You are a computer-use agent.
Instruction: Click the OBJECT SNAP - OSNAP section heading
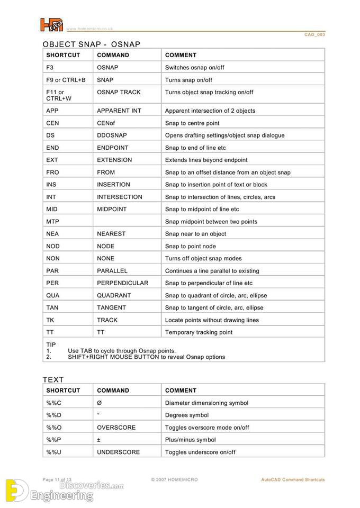coord(92,44)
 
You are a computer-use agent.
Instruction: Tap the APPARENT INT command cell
coord(119,111)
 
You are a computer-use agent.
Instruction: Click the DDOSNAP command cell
coord(112,135)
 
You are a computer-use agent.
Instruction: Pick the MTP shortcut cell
coord(52,222)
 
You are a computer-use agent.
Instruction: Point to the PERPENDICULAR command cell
coord(122,283)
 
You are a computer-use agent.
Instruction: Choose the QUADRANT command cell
coord(114,295)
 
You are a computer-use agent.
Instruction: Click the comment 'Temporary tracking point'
coord(199,332)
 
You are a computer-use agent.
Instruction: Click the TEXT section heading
coord(53,379)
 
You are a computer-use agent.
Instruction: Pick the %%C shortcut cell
coord(54,403)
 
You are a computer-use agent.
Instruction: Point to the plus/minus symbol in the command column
coord(99,440)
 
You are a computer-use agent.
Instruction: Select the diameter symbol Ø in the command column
coord(100,403)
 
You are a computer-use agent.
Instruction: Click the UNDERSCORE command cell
coord(118,452)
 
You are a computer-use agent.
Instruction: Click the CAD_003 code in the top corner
coord(314,34)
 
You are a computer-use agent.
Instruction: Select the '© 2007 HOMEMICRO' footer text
coord(174,480)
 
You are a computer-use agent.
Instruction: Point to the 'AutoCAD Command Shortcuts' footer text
coord(293,480)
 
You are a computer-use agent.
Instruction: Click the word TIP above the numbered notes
coord(51,344)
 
